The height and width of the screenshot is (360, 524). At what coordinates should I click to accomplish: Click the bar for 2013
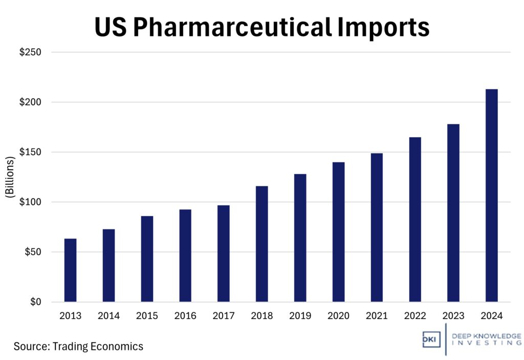70,270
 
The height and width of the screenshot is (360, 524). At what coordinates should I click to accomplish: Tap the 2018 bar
261,244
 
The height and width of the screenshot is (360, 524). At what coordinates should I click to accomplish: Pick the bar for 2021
377,227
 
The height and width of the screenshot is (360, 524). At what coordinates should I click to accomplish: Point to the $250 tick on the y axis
30,52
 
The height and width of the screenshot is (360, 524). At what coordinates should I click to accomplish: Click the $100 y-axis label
30,202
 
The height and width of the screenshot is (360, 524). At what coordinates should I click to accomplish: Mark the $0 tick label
35,302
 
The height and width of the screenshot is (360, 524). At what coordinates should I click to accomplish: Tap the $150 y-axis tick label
30,152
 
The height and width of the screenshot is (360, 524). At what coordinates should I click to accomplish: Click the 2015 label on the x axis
146,316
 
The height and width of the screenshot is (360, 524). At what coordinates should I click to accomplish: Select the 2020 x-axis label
338,316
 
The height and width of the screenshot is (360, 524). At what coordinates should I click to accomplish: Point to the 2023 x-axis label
453,316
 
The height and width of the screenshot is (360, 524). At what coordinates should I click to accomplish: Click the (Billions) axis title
10,177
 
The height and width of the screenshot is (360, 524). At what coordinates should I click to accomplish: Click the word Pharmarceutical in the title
231,27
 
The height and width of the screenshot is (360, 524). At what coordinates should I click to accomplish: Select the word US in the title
111,27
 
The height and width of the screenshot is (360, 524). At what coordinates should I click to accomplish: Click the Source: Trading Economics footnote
78,346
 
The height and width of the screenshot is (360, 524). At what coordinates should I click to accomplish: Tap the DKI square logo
431,340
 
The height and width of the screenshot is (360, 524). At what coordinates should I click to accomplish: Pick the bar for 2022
415,219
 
